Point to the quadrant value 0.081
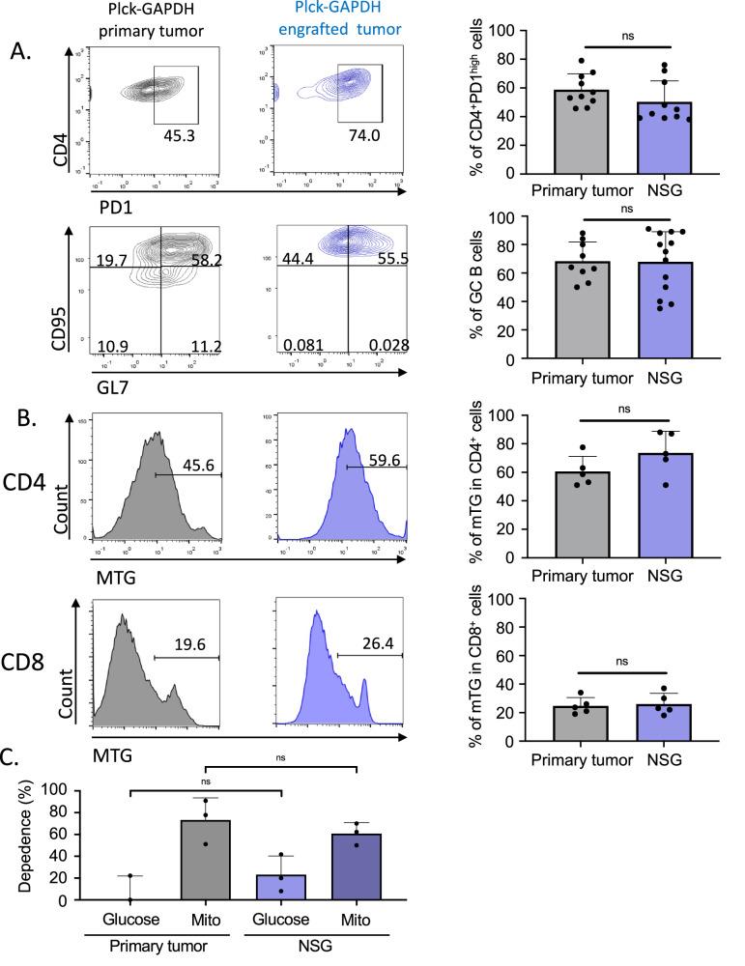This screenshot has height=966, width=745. (x=300, y=346)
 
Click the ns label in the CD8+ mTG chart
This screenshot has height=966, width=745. (x=623, y=662)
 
